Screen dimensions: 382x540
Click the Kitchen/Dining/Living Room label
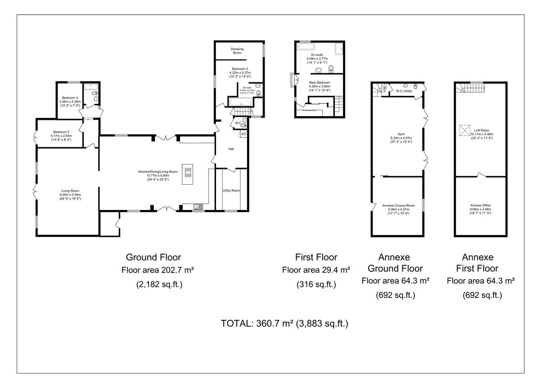pos(157,172)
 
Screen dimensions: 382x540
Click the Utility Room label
pos(231,191)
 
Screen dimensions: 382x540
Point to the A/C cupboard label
pos(243,134)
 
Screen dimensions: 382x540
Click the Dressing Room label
pos(237,51)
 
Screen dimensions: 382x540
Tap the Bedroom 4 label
pos(70,98)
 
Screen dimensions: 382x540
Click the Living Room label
pos(71,191)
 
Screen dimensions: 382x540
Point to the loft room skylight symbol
pos(464,130)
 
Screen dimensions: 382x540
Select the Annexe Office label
pos(481,205)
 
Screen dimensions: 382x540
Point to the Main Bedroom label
pos(319,83)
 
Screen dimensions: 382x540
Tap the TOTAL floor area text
pos(284,323)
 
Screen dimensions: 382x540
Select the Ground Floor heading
pos(153,257)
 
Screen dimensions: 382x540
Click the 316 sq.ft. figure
pos(316,284)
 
